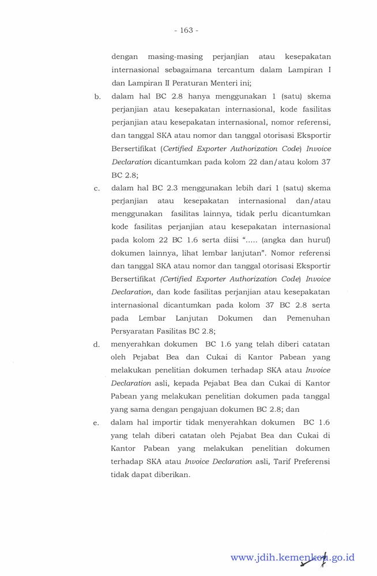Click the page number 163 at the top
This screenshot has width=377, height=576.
point(186,30)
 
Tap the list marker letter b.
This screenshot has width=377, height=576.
point(96,97)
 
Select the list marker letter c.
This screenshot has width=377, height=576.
point(96,188)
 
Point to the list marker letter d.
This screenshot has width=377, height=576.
point(96,345)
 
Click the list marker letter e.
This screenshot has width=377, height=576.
point(96,423)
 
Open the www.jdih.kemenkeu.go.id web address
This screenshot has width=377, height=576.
point(292,558)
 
